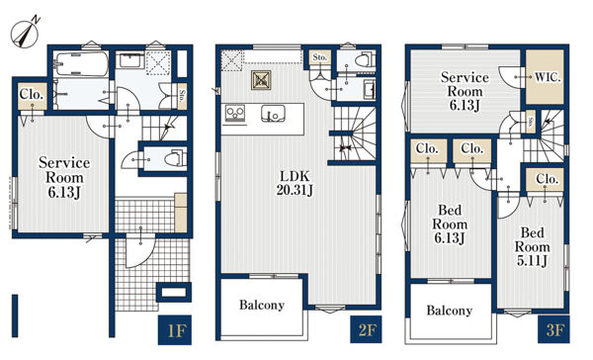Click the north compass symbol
click(26, 34)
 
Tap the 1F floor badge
click(175, 329)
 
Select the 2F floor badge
click(366, 329)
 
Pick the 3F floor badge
click(553, 329)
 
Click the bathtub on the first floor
click(81, 64)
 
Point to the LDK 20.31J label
click(295, 183)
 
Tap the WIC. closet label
click(548, 77)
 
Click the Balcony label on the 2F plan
click(262, 306)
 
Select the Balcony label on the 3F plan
click(450, 311)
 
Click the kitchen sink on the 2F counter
click(273, 113)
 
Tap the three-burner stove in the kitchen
click(235, 113)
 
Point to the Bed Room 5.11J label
click(532, 246)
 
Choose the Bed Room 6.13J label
click(450, 224)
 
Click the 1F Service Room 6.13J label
click(64, 177)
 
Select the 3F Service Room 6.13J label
click(465, 91)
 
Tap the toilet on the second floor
click(365, 59)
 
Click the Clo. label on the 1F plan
click(32, 94)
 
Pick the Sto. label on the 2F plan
click(319, 57)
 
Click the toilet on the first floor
click(176, 158)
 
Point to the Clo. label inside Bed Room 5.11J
click(548, 179)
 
